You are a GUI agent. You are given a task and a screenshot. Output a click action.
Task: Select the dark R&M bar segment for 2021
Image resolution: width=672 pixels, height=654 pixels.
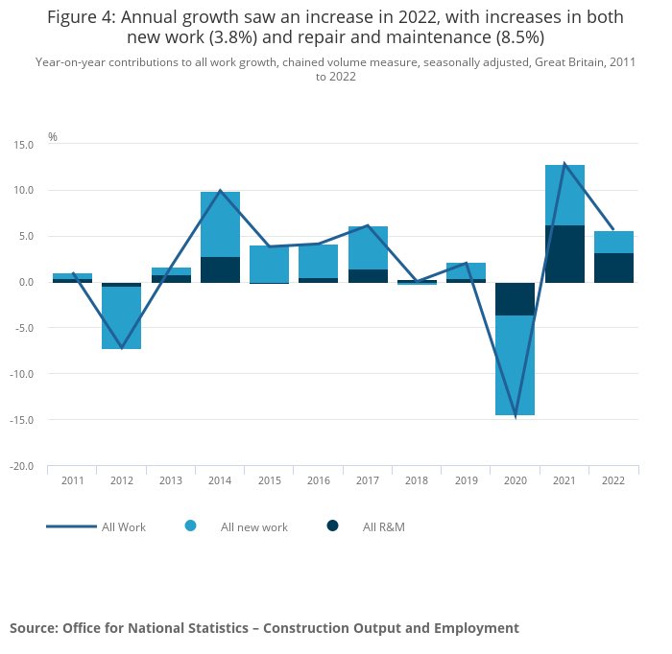pos(564,254)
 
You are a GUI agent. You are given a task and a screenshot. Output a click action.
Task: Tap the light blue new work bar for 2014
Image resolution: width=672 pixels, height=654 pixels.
pos(220,224)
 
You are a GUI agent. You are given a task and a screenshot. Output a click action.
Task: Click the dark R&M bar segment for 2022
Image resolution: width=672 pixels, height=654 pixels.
pos(613,268)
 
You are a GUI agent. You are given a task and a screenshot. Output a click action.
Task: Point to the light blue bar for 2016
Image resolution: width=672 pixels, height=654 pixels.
pos(318,261)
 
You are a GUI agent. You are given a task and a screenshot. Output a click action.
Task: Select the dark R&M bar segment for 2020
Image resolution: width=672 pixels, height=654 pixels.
pos(515,298)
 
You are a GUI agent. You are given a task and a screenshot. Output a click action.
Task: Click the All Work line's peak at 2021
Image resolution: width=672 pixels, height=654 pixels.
pos(564,163)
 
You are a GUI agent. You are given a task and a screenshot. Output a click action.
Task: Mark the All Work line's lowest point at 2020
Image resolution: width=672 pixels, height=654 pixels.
pos(516,416)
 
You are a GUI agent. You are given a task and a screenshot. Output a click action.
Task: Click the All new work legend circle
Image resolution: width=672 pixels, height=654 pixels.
pos(190,526)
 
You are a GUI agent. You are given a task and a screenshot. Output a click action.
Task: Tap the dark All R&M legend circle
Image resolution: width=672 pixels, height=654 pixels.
pos(332,526)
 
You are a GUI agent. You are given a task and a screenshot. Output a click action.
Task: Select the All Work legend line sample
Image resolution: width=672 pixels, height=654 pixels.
pos(71,526)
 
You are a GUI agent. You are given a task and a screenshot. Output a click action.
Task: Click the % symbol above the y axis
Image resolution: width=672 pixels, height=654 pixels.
pos(53,137)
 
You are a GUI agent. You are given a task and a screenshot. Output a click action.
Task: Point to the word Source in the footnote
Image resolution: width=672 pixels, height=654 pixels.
pos(33,628)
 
